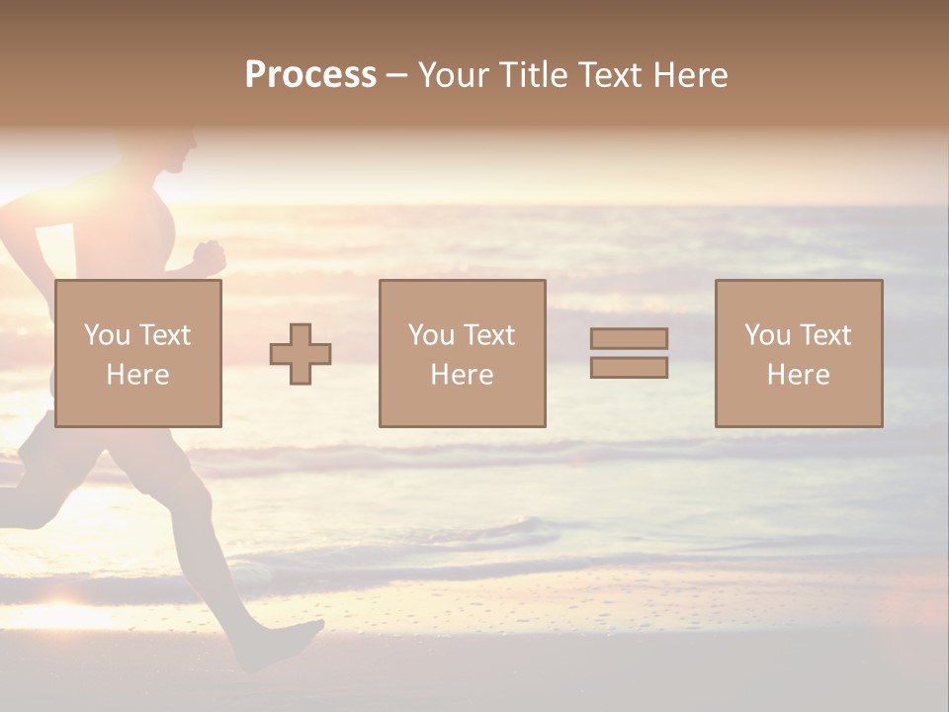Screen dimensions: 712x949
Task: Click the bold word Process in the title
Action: [310, 75]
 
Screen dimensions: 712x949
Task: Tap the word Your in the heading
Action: [457, 75]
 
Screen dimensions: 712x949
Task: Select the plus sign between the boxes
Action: [301, 353]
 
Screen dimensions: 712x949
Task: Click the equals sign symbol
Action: [629, 353]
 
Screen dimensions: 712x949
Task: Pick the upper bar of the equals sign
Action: [629, 338]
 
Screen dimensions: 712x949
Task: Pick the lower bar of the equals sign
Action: [629, 367]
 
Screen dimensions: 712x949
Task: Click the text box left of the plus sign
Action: [138, 353]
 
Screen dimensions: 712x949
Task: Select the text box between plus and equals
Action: [462, 353]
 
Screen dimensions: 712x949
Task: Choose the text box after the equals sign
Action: [799, 353]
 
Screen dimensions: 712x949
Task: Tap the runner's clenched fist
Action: [209, 255]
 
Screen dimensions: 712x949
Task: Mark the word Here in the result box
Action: [799, 375]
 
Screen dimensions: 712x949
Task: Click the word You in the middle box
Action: [431, 335]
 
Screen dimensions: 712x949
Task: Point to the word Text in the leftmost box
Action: [164, 335]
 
